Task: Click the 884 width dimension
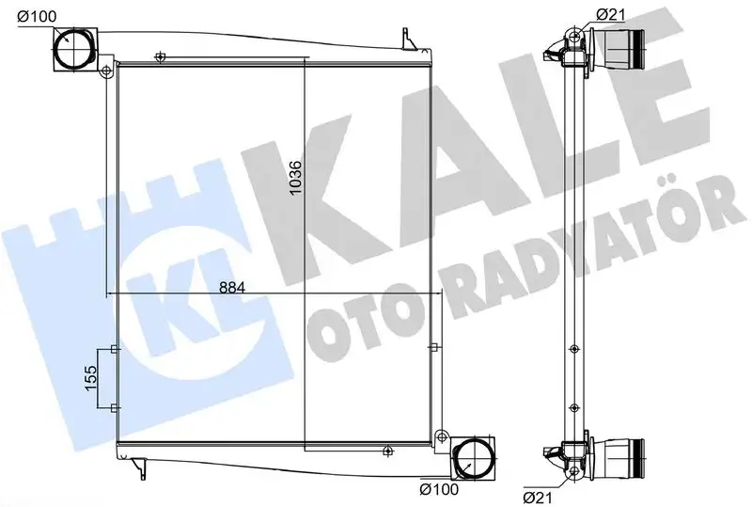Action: [230, 286]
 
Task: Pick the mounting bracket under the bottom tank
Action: [142, 465]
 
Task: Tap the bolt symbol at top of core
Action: [161, 58]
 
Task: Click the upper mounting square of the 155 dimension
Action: [114, 350]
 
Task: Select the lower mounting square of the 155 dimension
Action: [114, 406]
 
